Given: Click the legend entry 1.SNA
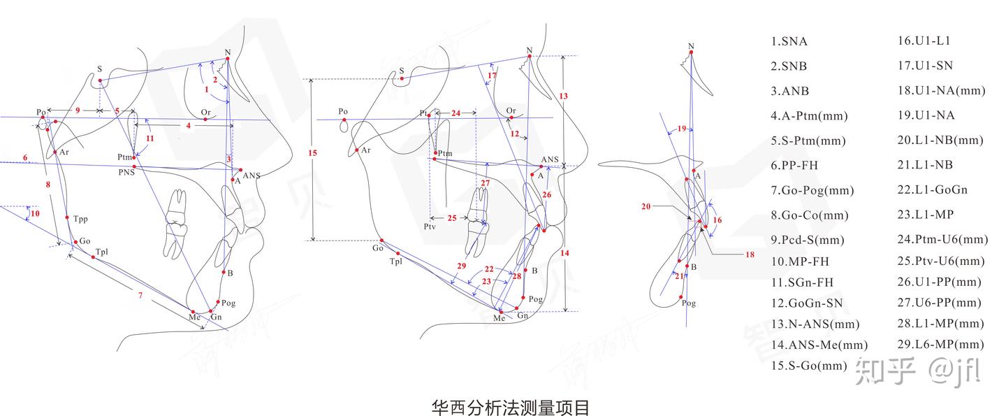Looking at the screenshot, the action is [x=789, y=41].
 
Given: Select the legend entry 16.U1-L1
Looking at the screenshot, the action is [x=924, y=41].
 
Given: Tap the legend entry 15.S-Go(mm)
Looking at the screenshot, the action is [x=808, y=365].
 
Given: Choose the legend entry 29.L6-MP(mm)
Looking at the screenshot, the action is [x=940, y=344].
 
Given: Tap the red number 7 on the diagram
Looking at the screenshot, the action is [x=140, y=296].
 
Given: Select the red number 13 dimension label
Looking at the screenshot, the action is [x=564, y=95].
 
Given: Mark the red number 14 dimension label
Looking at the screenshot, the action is [x=564, y=252].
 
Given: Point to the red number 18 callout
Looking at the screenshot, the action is [x=750, y=255].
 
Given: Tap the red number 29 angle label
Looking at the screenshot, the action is [x=460, y=266].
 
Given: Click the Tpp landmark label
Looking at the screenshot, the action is [x=80, y=219].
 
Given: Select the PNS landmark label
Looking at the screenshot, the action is [x=126, y=170].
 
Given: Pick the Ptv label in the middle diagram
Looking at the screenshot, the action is [x=429, y=227].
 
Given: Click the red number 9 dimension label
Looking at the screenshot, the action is [x=78, y=110].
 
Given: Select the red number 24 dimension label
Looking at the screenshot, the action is [x=455, y=113].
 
